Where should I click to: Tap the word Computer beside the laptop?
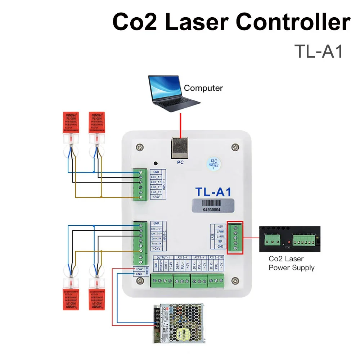(x=203, y=88)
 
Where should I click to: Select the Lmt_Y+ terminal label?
(x=156, y=192)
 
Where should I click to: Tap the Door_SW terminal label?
(x=156, y=239)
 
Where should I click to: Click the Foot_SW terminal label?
(x=156, y=244)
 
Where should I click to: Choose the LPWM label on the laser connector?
(x=221, y=231)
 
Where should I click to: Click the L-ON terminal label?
(x=221, y=236)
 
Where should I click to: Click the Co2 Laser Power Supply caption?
(x=292, y=263)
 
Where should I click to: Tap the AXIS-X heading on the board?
(x=183, y=258)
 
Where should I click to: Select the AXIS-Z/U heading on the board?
(x=216, y=258)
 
